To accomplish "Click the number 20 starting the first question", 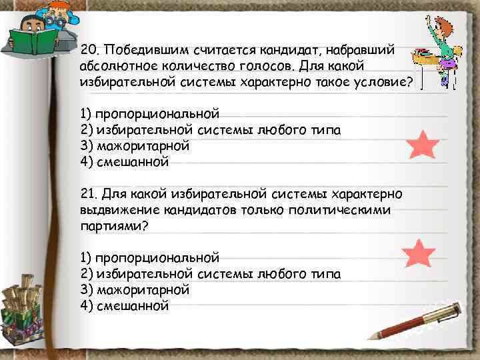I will pyautogui.click(x=87, y=51).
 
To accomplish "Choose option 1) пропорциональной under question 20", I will pyautogui.click(x=149, y=113).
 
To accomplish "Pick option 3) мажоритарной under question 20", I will pyautogui.click(x=134, y=145).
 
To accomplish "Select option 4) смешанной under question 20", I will pyautogui.click(x=124, y=161).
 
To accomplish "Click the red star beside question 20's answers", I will pyautogui.click(x=421, y=144).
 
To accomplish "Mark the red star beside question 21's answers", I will pyautogui.click(x=419, y=254).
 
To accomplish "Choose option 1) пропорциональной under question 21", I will pyautogui.click(x=149, y=257).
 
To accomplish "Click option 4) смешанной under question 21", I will pyautogui.click(x=124, y=306).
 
